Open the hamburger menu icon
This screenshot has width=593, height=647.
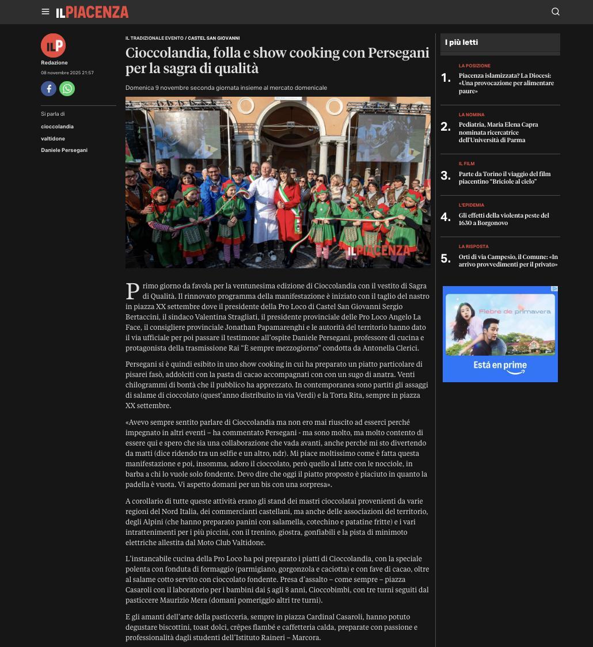45,12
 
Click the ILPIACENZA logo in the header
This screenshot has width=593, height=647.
92,12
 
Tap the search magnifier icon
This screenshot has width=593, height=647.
556,12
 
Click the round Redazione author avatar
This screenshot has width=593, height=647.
53,45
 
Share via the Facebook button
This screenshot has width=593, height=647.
48,89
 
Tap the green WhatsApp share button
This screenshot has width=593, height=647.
67,89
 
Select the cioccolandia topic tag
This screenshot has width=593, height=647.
57,127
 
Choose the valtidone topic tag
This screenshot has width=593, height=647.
53,139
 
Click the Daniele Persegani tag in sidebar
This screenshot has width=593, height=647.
64,150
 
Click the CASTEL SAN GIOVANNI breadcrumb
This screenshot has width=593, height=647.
214,38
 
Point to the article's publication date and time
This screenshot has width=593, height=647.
67,73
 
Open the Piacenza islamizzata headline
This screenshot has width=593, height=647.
506,83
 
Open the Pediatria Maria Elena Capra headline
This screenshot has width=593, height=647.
499,132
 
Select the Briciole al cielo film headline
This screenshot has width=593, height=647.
504,177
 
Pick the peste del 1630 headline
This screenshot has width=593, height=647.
504,219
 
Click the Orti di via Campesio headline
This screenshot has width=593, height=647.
508,260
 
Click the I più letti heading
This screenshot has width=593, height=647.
461,43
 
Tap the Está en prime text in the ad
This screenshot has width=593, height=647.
500,365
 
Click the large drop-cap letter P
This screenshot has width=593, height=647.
132,291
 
